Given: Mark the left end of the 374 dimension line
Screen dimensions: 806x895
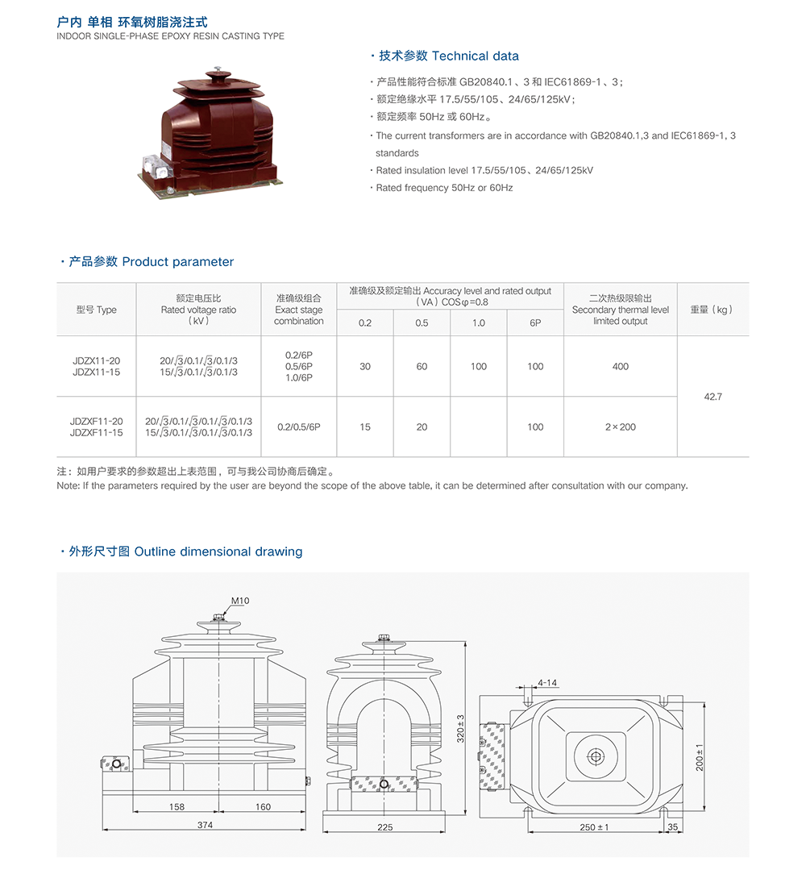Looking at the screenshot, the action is point(103,830).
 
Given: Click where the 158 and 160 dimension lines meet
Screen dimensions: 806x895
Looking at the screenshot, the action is point(219,811).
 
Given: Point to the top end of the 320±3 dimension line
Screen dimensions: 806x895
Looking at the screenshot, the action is point(466,641).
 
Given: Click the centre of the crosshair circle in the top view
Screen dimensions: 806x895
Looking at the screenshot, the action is point(596,757).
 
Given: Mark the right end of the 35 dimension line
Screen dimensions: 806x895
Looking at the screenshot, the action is point(683,831).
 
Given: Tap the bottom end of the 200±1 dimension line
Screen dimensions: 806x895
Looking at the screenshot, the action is point(705,810).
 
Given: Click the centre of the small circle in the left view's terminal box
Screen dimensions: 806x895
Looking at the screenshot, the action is point(116,764).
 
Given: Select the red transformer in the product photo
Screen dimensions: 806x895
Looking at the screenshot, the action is point(210,132).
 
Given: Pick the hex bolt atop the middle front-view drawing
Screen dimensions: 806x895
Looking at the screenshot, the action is point(384,638).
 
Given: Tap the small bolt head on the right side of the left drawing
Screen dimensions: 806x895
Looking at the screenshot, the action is point(308,781).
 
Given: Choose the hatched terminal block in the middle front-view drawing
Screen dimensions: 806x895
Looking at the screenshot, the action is point(384,784).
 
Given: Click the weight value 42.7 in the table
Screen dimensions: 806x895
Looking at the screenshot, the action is point(713,397).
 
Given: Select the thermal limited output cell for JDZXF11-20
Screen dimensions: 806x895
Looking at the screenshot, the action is point(620,427).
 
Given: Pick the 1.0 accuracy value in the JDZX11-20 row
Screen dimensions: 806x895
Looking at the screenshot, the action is point(478,366).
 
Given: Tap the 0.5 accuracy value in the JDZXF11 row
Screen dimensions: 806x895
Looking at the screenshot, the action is point(422,427).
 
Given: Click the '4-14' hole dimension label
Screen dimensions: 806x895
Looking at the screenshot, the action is point(547,683).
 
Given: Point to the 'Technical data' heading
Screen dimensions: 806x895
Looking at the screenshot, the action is point(476,56).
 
